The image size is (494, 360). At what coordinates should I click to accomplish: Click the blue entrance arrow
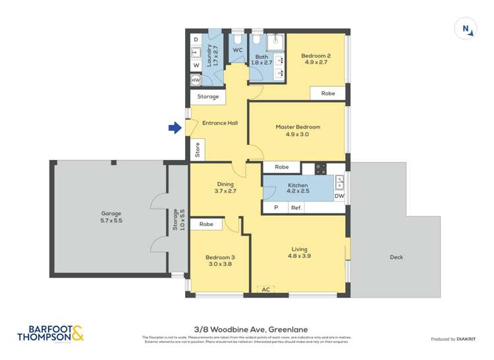pos(175,128)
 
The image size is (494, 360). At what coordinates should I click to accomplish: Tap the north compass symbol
pos(466,29)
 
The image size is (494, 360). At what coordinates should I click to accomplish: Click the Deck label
pos(396,257)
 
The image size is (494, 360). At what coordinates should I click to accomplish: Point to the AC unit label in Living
pos(266,290)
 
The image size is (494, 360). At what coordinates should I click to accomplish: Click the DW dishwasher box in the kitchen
pos(339,196)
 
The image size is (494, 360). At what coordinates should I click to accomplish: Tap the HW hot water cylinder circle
pos(196,80)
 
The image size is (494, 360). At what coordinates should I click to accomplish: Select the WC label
pos(238,50)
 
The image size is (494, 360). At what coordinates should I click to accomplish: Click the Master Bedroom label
pos(298,127)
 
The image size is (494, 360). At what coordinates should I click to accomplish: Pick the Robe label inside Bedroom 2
pos(328,93)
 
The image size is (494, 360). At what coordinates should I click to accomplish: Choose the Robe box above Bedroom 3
pos(206,224)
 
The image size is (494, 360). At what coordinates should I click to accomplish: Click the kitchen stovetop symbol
pos(321,168)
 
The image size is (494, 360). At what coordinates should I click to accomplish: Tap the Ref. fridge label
pos(297,208)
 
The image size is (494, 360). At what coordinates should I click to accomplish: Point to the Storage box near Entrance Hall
pos(208,97)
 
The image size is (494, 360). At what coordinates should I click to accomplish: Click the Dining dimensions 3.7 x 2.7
pos(225,192)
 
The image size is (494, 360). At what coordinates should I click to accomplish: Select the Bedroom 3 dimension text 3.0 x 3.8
pos(220,265)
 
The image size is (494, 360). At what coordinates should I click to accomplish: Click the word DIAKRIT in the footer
pos(467,339)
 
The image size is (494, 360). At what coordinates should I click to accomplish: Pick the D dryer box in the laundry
pos(196,39)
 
